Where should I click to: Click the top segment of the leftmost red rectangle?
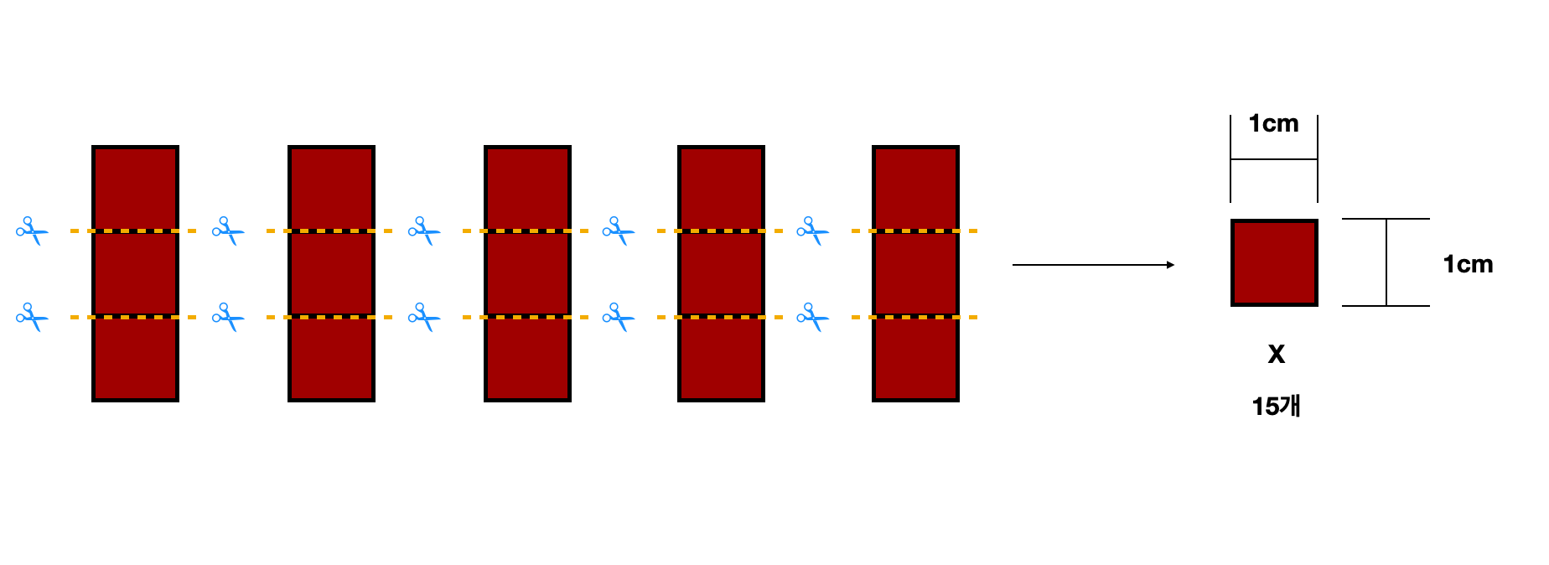coord(135,189)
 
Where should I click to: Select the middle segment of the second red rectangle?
coord(331,274)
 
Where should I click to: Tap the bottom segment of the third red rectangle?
coord(527,360)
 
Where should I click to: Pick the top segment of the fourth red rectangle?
coord(721,189)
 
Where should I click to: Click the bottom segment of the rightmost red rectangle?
coord(915,360)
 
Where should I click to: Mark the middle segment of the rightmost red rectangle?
coord(915,274)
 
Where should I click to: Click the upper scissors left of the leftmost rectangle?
coord(33,231)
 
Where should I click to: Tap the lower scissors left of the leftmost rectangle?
coord(33,317)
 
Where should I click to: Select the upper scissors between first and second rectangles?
coord(229,231)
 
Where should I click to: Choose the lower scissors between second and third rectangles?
coord(425,317)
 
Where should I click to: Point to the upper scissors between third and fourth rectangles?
coord(619,231)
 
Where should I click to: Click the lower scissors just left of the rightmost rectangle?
coord(813,317)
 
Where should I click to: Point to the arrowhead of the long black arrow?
coord(1171,265)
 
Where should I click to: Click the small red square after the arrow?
coord(1274,262)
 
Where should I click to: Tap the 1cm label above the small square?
coord(1273,123)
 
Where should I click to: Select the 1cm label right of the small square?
coord(1468,264)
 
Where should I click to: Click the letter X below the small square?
coord(1276,354)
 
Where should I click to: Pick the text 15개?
coord(1276,407)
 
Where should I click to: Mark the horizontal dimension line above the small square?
coord(1274,159)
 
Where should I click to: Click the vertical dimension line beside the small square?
coord(1386,262)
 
